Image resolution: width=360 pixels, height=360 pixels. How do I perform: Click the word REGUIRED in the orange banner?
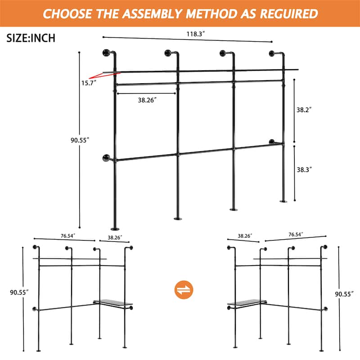(289, 14)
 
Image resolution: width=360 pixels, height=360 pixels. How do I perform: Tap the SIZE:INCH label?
(31, 38)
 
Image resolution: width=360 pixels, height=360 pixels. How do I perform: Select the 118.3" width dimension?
(196, 34)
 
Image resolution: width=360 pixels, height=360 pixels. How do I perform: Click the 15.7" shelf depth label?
(89, 83)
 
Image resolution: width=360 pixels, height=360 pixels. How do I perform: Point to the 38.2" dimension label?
(304, 110)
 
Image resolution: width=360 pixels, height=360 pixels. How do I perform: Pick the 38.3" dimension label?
(304, 170)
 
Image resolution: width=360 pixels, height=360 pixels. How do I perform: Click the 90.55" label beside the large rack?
(80, 140)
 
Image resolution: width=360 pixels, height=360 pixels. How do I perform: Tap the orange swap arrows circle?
(184, 289)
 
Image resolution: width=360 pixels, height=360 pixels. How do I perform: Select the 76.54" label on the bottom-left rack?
(68, 236)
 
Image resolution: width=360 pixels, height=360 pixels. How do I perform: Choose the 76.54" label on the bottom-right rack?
(296, 234)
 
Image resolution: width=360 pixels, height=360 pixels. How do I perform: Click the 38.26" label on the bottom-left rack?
(115, 238)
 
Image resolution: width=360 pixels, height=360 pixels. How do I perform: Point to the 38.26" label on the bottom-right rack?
(245, 236)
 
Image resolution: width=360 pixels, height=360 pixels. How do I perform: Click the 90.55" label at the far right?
(344, 294)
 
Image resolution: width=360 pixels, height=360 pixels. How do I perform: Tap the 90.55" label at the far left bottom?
(19, 292)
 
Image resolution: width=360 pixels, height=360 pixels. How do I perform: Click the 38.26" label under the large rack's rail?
(147, 100)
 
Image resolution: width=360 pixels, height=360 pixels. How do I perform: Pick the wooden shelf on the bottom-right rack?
(247, 302)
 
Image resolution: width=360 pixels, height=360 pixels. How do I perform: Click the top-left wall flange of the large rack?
(106, 53)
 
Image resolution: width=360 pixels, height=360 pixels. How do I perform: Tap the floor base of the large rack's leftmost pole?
(115, 229)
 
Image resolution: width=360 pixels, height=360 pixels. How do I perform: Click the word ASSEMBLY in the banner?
(153, 14)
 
